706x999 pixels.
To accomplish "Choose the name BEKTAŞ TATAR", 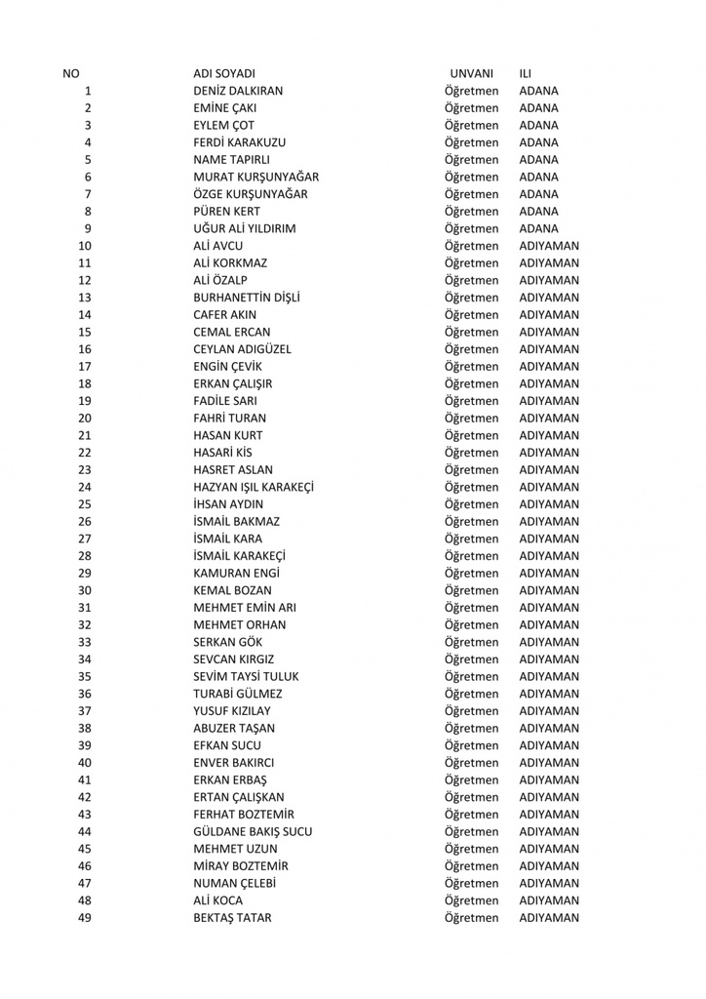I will pyautogui.click(x=232, y=918).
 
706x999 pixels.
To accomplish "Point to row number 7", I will pyautogui.click(x=88, y=194).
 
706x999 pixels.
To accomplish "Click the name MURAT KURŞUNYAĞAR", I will pyautogui.click(x=256, y=178).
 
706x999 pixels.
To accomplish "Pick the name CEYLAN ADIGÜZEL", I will pyautogui.click(x=243, y=349).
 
